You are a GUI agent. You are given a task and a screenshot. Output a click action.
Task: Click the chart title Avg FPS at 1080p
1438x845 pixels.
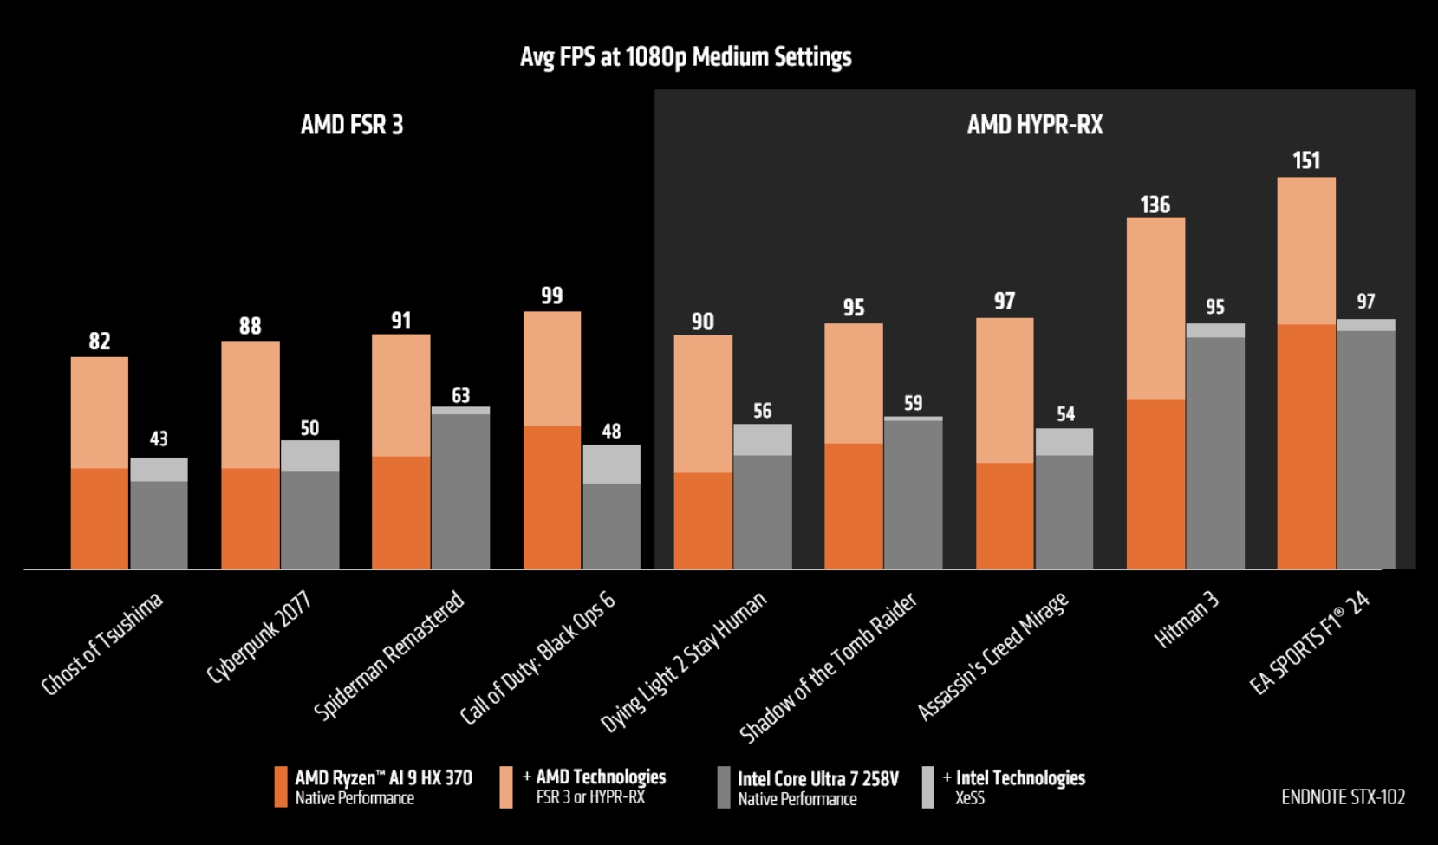686,57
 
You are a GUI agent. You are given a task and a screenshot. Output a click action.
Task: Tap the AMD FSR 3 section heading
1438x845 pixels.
351,125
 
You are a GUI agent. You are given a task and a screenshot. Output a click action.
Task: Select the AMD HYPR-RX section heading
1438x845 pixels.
1035,125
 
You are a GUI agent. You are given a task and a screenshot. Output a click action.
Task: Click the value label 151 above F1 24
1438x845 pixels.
1305,160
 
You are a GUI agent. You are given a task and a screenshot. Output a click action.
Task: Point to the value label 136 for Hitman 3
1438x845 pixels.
1155,205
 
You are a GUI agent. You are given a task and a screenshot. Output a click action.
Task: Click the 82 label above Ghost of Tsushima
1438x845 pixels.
100,341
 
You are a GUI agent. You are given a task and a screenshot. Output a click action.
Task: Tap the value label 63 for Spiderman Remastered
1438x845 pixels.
460,395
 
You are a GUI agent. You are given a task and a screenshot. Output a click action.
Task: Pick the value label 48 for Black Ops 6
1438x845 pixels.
611,431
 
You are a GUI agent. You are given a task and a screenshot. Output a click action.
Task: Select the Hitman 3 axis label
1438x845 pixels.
1187,621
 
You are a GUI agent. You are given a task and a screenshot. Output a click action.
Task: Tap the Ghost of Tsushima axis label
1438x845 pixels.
102,645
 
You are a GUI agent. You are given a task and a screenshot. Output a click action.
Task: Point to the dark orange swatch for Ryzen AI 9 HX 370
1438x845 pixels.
280,787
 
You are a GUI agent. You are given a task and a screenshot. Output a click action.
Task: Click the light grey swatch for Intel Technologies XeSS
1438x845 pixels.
927,787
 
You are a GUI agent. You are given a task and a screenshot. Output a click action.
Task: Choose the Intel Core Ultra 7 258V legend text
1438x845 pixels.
817,779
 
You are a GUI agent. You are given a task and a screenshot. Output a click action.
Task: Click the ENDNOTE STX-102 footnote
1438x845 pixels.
1343,796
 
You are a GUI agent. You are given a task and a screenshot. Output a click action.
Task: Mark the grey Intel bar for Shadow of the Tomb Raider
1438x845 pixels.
913,494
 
